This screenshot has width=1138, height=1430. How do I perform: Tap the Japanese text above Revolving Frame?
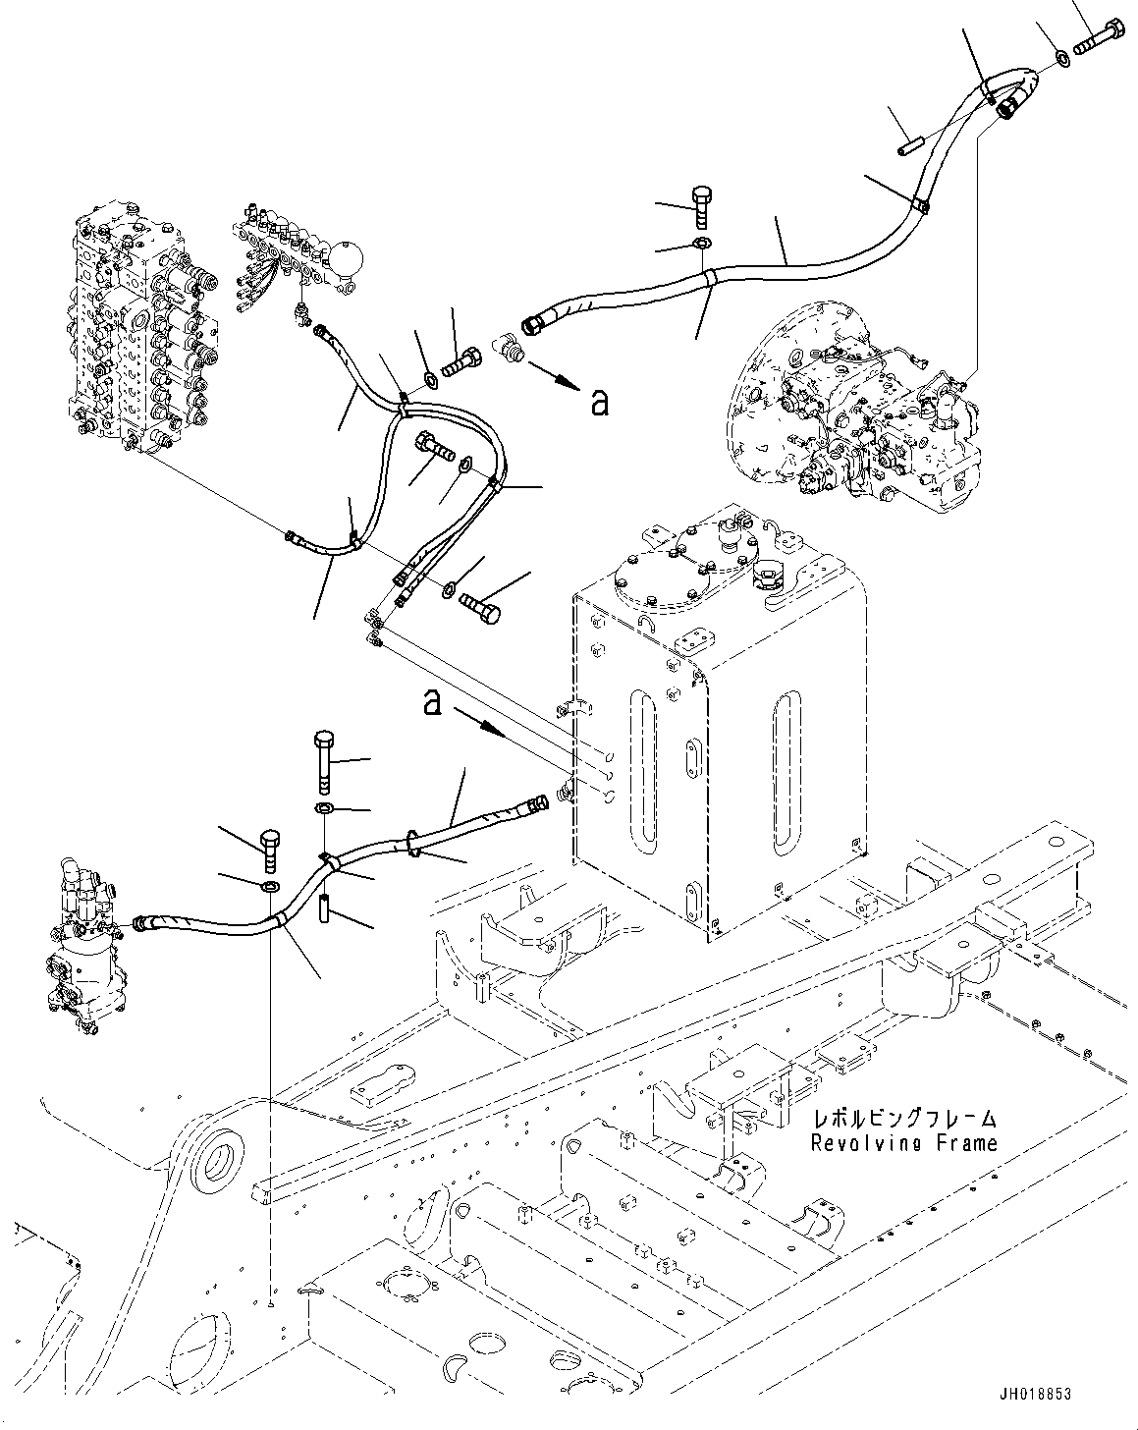(903, 1119)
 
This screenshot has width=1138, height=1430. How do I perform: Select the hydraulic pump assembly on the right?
(854, 412)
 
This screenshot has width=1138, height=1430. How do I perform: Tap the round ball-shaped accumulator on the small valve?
(349, 259)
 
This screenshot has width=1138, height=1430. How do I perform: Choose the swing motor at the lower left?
(83, 943)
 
